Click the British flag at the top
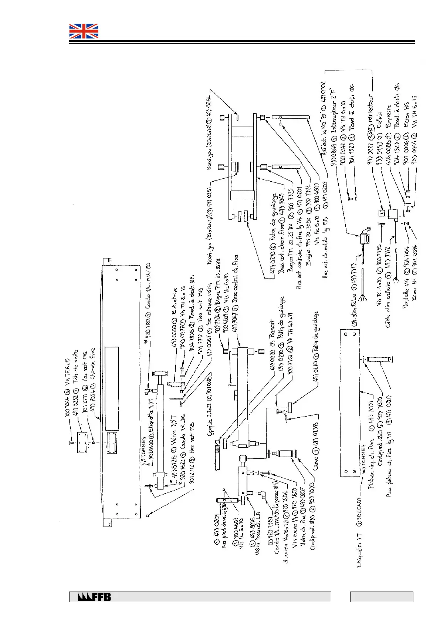[x=84, y=31]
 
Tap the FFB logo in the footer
[x=94, y=597]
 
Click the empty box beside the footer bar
[x=381, y=597]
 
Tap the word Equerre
[x=388, y=116]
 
